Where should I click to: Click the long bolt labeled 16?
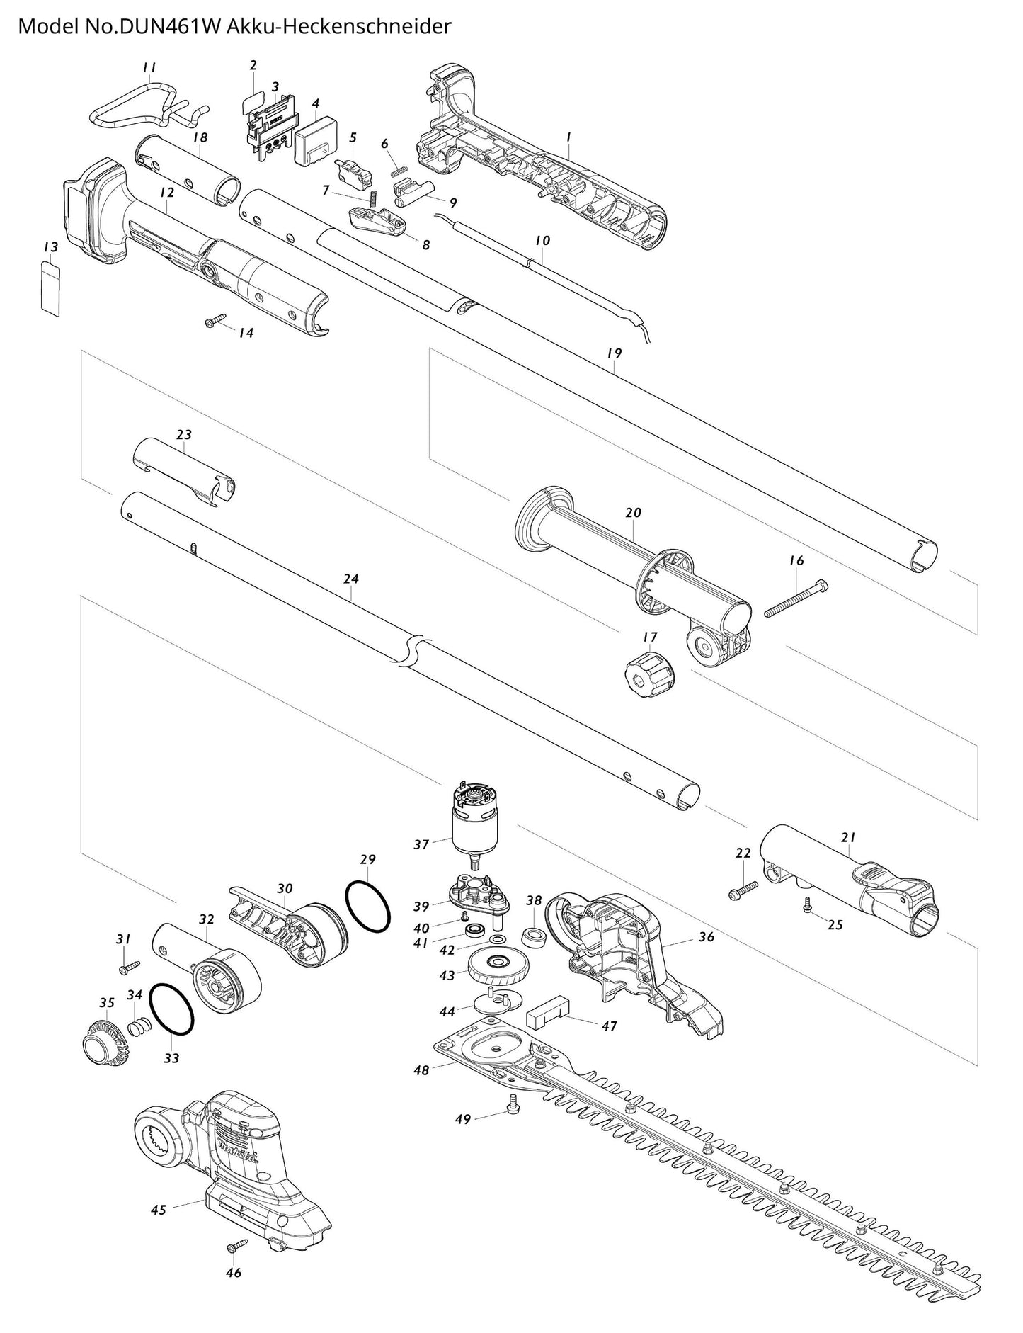point(796,599)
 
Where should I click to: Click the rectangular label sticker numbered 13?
point(50,288)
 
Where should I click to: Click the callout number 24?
point(351,579)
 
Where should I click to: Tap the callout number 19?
point(614,353)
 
